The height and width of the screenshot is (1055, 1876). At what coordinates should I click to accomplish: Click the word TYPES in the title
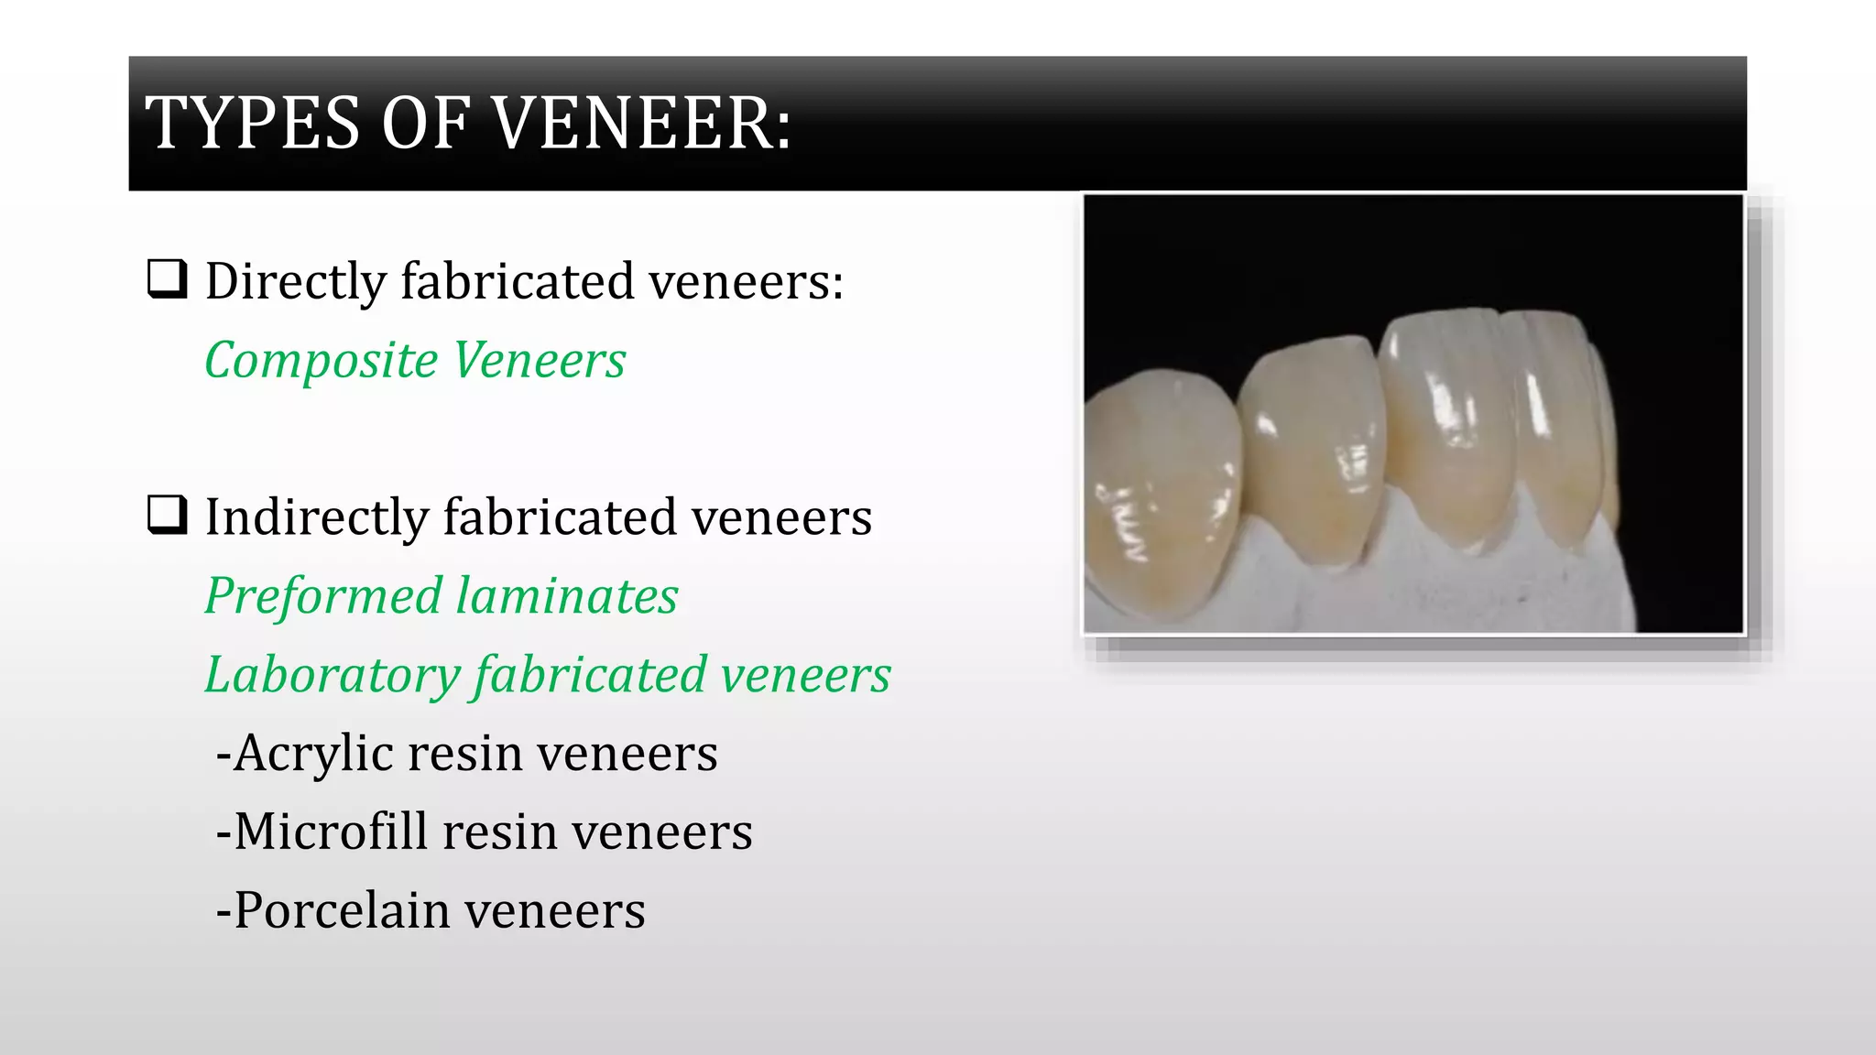pos(253,124)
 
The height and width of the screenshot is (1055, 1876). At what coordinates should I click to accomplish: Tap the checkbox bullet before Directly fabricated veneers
pos(168,278)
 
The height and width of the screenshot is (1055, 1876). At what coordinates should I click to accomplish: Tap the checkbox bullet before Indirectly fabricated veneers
pos(168,515)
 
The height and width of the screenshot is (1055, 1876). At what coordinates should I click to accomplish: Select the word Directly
pos(295,281)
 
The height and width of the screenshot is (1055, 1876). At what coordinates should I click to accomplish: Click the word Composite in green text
pos(321,361)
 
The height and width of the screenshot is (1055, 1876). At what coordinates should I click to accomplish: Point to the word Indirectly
pos(316,517)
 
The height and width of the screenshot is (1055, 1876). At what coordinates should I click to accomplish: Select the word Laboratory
pos(332,676)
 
